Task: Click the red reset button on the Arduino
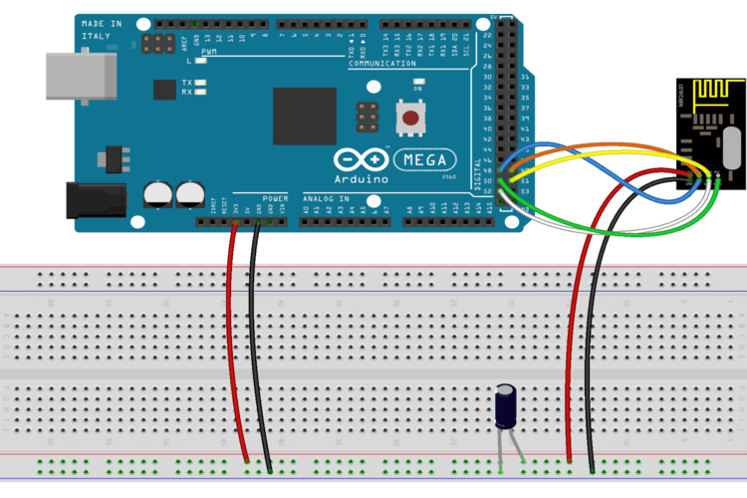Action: pyautogui.click(x=409, y=119)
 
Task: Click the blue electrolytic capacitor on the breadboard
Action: pyautogui.click(x=506, y=409)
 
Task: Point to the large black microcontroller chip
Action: pyautogui.click(x=304, y=117)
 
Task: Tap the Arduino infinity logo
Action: pyautogui.click(x=361, y=159)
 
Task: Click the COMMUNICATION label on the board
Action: pyautogui.click(x=381, y=64)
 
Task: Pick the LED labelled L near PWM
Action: pyautogui.click(x=202, y=61)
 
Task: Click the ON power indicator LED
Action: pyautogui.click(x=418, y=80)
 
